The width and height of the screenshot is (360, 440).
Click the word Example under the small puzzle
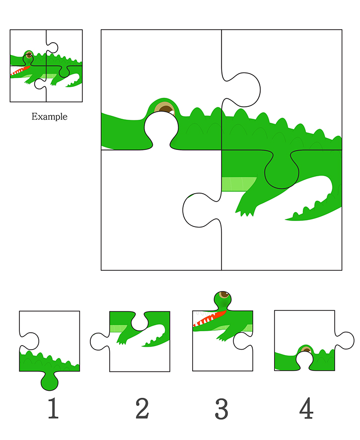[49, 116]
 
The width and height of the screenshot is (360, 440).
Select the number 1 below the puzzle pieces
[53, 408]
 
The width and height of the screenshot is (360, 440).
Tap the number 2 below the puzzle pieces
[142, 408]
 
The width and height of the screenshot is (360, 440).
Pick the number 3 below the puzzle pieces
[221, 409]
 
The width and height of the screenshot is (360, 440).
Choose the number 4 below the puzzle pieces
[306, 408]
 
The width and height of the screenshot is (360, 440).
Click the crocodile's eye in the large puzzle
[165, 108]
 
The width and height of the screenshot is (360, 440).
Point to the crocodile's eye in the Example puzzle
[29, 55]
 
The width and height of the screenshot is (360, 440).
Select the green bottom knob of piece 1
[49, 380]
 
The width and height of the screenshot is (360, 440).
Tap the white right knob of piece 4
[345, 340]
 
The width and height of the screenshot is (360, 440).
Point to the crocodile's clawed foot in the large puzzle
[245, 206]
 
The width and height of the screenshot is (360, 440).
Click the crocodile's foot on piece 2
[124, 338]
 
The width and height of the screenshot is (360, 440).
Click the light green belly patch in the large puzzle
[239, 184]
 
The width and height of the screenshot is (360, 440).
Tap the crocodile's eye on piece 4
[306, 350]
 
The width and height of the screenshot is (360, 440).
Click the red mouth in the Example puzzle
[20, 71]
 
